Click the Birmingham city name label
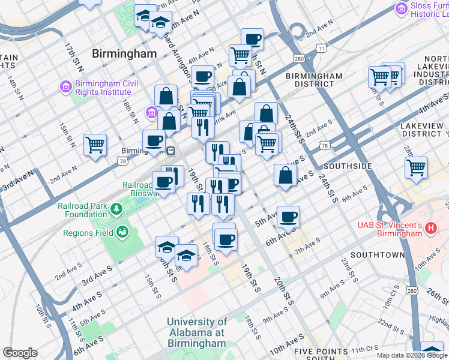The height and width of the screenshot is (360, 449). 124,53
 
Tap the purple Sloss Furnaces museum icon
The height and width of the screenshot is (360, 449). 401,8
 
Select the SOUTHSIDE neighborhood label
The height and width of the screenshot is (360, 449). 348,166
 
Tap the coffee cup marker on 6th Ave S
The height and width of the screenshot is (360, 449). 289,217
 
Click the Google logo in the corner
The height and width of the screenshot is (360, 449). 19,353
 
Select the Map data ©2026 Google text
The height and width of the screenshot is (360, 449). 411,355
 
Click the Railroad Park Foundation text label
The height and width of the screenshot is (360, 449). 83,209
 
